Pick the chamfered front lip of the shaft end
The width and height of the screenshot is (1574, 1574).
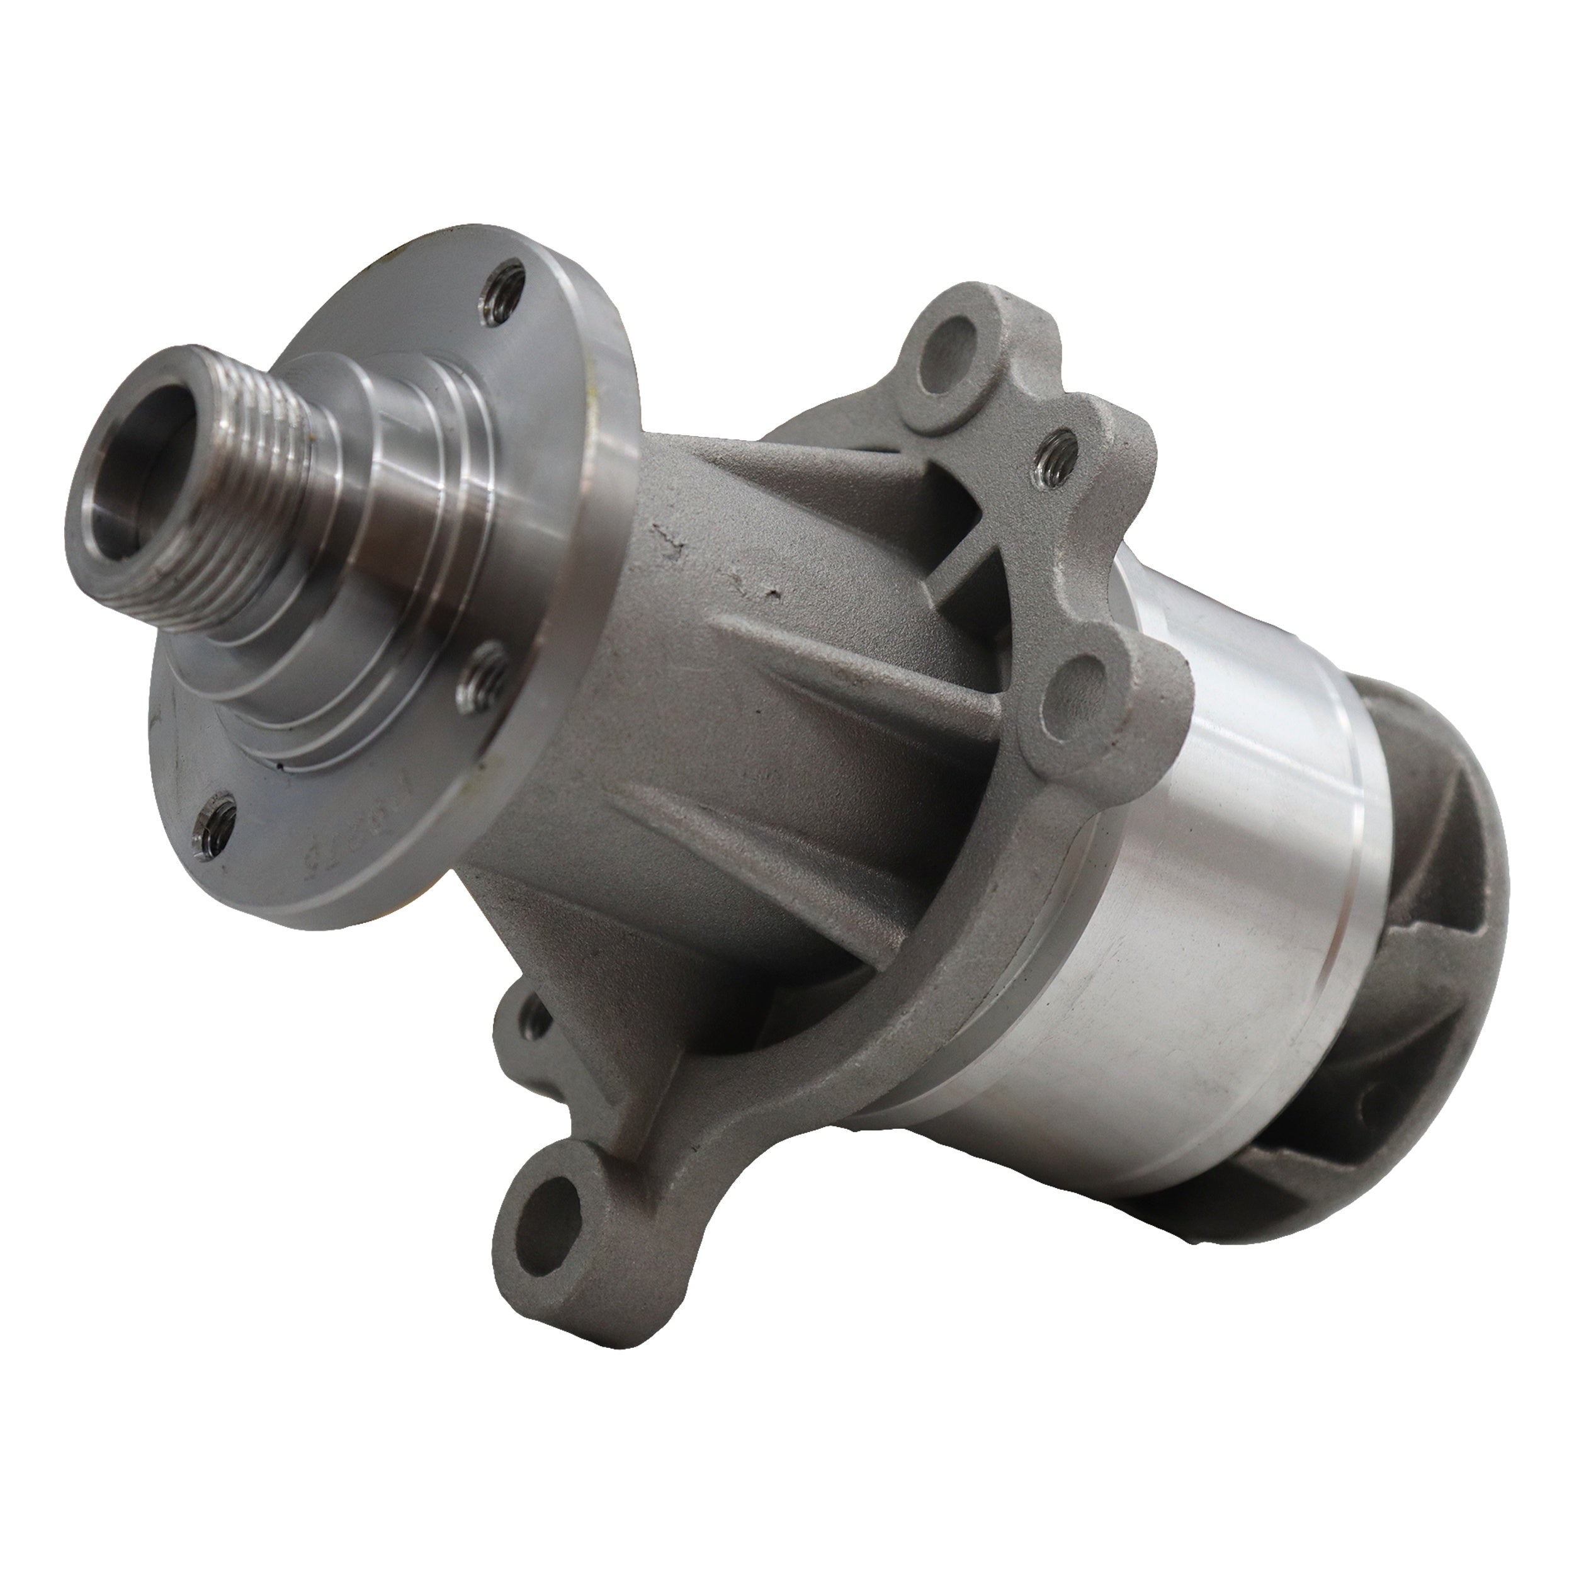coord(98,521)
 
